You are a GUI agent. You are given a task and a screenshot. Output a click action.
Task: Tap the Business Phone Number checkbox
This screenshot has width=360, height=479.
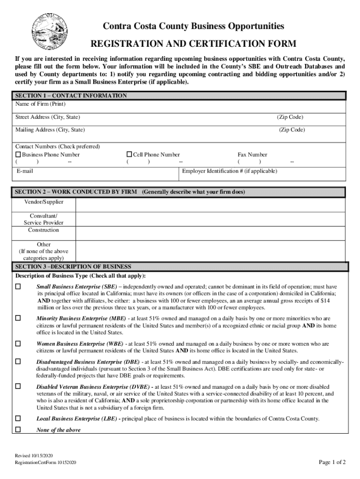click(18, 154)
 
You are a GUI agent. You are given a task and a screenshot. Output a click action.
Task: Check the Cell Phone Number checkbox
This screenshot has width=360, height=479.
click(130, 154)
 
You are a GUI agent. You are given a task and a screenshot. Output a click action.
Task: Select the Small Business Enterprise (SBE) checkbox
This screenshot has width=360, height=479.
click(18, 286)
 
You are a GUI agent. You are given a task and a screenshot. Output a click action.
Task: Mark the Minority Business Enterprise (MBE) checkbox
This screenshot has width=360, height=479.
click(18, 318)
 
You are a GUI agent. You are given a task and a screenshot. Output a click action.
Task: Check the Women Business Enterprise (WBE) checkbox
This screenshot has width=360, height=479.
click(18, 343)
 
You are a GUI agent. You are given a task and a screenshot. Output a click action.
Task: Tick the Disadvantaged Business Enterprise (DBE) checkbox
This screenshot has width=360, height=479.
click(18, 362)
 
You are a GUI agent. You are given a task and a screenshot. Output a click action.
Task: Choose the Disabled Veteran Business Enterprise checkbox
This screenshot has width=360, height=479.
click(18, 386)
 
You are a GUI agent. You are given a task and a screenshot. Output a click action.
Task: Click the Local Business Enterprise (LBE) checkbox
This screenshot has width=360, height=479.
click(18, 418)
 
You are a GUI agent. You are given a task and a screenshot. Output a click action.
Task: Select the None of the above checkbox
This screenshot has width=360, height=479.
click(18, 429)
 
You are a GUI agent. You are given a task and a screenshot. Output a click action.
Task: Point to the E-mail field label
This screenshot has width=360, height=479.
click(24, 171)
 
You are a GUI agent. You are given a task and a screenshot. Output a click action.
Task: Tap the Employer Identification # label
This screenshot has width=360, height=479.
click(230, 171)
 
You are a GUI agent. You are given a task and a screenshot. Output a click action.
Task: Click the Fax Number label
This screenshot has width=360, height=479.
click(252, 154)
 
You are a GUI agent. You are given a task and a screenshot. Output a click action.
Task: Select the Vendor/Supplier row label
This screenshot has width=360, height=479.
click(43, 202)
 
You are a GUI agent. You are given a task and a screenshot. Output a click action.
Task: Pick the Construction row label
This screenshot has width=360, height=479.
click(43, 230)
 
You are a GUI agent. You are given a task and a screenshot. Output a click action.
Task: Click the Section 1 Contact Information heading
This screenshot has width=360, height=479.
click(71, 95)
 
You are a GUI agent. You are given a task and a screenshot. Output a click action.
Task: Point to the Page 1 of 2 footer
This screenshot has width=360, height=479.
click(332, 462)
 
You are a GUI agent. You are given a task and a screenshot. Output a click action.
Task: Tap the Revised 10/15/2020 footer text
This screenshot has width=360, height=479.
click(34, 455)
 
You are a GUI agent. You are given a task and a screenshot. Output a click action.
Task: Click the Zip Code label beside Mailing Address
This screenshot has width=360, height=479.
click(292, 130)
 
